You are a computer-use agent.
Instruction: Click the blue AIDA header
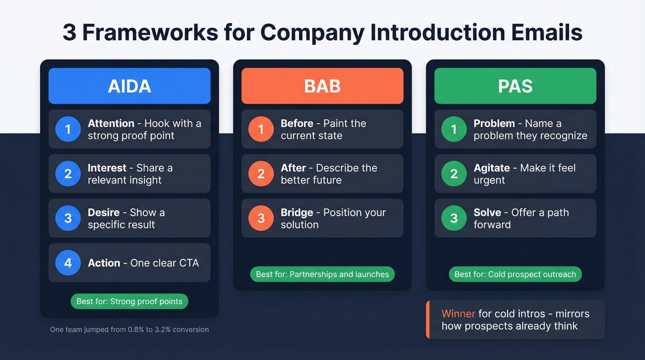[129, 86]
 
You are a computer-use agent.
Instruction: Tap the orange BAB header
[322, 86]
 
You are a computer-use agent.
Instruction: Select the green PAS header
[515, 86]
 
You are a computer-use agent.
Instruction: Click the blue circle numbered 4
[68, 263]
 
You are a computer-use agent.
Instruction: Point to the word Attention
[111, 124]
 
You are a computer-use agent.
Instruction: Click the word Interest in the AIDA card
[107, 168]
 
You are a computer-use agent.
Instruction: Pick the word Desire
[104, 212]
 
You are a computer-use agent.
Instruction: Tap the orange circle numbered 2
[261, 174]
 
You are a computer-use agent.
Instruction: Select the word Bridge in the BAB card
[297, 212]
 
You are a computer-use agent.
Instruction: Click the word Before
[297, 124]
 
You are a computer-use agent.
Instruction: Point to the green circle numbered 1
[454, 129]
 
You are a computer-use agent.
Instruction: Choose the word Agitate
[492, 168]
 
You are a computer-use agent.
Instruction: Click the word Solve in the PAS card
[487, 212]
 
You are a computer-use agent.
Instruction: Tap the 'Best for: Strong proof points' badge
[129, 301]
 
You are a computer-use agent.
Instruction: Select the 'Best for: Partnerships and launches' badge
[322, 274]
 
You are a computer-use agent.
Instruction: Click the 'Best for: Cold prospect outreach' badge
[515, 274]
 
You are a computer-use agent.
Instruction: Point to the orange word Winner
[458, 314]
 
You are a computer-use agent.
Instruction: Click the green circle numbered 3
[454, 218]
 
